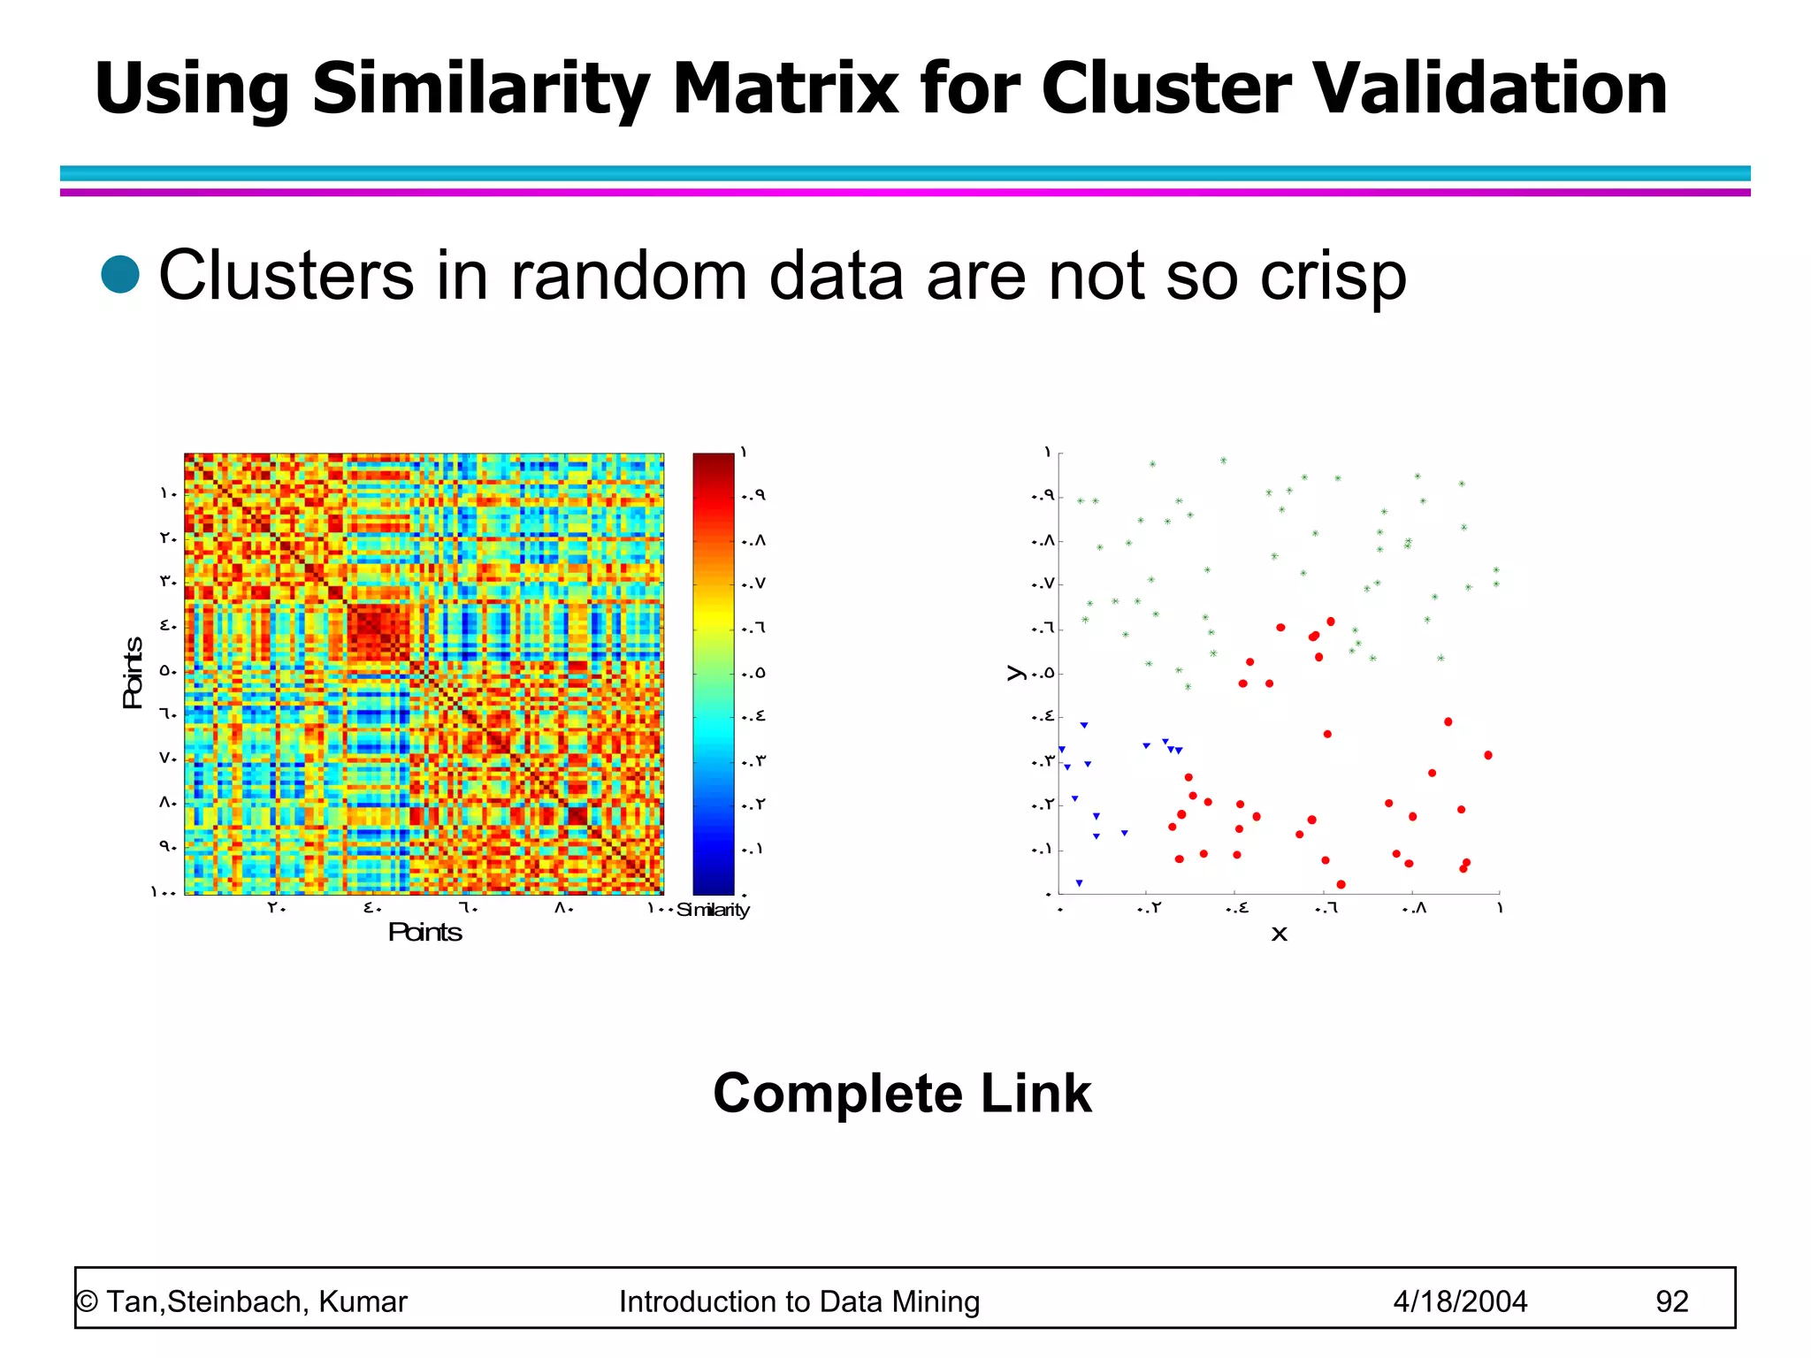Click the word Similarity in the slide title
pos(481,88)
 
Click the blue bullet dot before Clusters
pos(120,274)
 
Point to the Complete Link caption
pos(902,1094)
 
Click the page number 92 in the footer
pos(1671,1301)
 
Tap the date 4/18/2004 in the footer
pos(1460,1301)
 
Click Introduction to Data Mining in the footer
pos(799,1301)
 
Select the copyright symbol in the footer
pos(87,1301)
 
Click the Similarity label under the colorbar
pos(713,910)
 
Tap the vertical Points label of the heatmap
pos(133,673)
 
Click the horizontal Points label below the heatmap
pos(424,932)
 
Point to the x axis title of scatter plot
pos(1279,935)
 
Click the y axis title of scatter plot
pos(1015,673)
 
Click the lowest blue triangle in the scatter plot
pos(1079,883)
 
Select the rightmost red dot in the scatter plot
pos(1488,755)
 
